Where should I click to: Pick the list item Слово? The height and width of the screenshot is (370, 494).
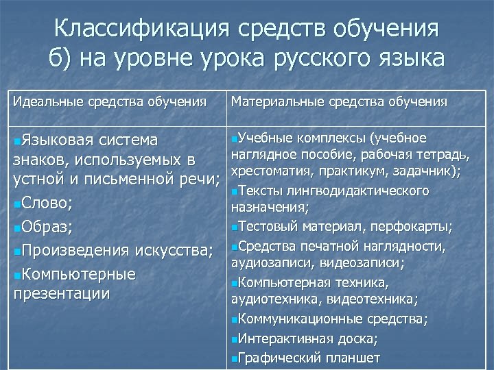[46, 203]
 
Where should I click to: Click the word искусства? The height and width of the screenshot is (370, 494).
[178, 251]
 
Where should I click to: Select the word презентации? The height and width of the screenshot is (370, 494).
[62, 294]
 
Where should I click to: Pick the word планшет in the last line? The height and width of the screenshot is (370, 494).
[354, 358]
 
